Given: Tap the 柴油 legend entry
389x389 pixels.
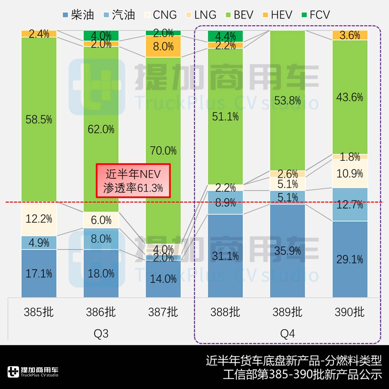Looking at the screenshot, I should [x=77, y=15].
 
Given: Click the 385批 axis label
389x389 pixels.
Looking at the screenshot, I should [x=39, y=312].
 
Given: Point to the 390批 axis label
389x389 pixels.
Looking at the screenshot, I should [x=350, y=312].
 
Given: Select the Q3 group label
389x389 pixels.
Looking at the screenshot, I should [x=101, y=334].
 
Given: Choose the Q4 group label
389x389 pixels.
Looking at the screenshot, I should [x=288, y=334].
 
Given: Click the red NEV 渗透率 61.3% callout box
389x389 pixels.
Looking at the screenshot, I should [x=133, y=181].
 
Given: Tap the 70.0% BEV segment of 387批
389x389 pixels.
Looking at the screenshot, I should [x=163, y=150].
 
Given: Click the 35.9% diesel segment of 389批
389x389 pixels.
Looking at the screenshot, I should [x=288, y=251].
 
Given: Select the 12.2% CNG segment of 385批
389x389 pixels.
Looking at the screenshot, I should [x=39, y=219].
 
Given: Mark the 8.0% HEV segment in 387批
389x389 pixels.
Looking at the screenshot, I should [x=163, y=47].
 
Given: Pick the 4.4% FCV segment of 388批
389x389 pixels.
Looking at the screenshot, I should [x=225, y=36].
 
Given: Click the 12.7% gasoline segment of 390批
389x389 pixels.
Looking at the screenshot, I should [x=350, y=204].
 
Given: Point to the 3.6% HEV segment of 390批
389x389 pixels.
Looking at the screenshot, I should [x=350, y=35].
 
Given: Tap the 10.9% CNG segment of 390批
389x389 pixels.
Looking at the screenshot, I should [x=350, y=173].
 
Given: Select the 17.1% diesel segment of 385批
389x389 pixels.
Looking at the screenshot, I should [x=39, y=274].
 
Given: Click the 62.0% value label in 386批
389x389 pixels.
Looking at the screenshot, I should [x=101, y=130].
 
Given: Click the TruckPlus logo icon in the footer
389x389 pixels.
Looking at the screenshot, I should [x=13, y=372].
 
